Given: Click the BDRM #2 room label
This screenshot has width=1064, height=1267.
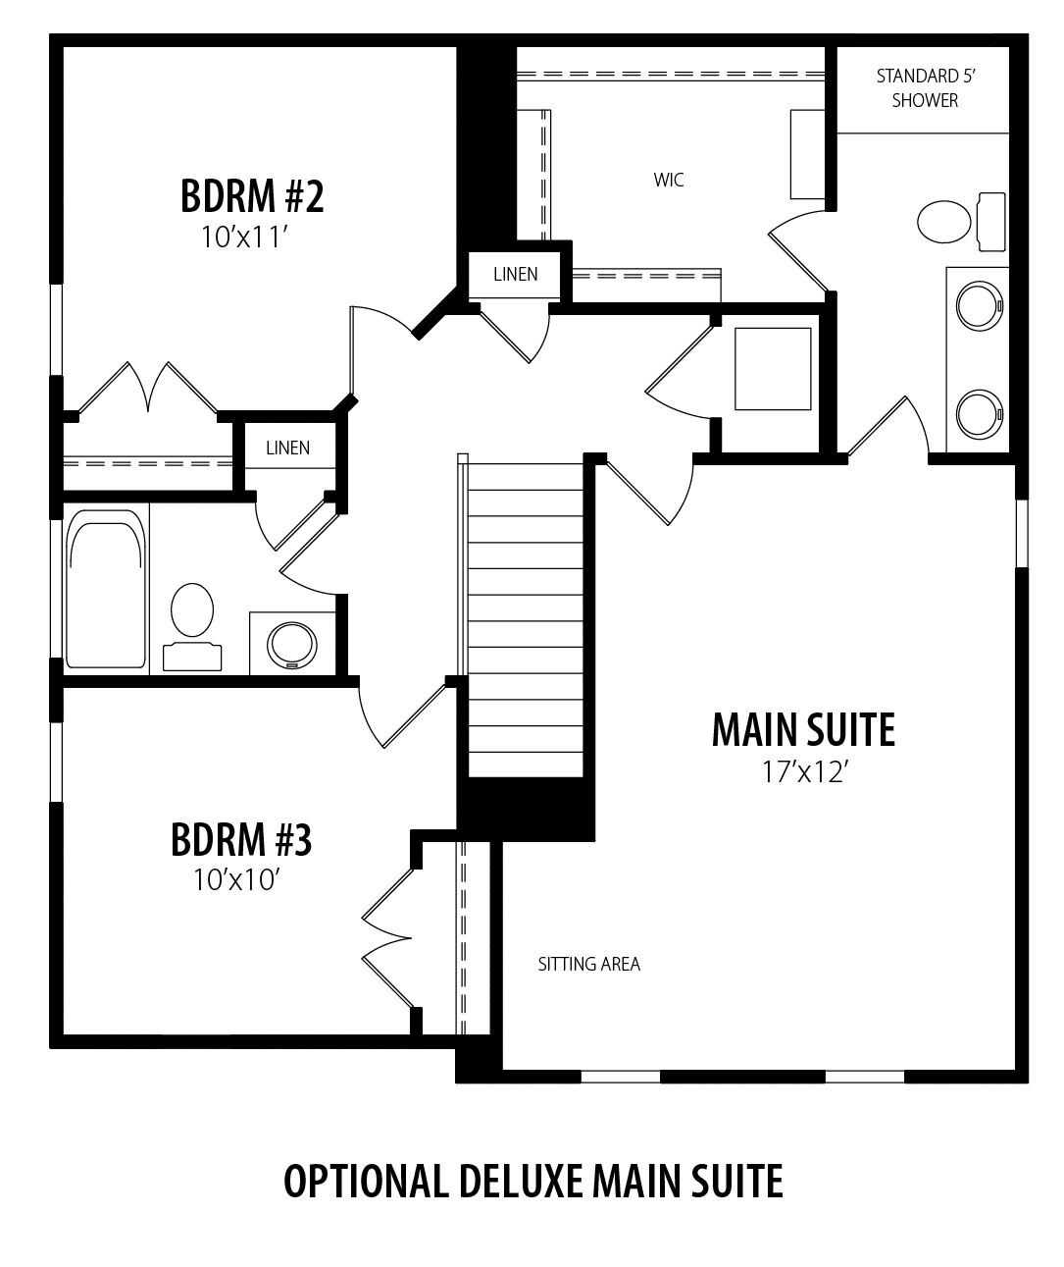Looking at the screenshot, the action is pyautogui.click(x=252, y=195).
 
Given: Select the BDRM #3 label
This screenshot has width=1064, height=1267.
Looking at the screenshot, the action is pyautogui.click(x=241, y=839).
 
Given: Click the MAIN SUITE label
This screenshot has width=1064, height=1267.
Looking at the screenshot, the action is pyautogui.click(x=803, y=729).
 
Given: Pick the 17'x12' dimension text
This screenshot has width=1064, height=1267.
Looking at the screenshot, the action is pyautogui.click(x=804, y=772).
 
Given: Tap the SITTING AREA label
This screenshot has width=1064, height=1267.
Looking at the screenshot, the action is pyautogui.click(x=588, y=964).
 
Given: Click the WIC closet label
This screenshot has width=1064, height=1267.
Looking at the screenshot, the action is pyautogui.click(x=669, y=180).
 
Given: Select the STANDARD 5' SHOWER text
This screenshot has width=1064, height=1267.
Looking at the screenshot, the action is pyautogui.click(x=925, y=88).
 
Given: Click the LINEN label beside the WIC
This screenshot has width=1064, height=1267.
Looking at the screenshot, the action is pyautogui.click(x=515, y=274).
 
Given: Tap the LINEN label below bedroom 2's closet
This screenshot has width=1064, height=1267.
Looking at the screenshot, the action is pyautogui.click(x=287, y=448).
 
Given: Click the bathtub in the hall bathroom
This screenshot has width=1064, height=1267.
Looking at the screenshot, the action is pyautogui.click(x=106, y=589).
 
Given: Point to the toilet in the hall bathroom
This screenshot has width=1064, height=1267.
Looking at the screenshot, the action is pyautogui.click(x=192, y=627).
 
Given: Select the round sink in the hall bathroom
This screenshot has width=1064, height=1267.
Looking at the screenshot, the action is pyautogui.click(x=292, y=646).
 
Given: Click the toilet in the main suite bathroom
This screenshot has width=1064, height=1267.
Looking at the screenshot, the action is pyautogui.click(x=961, y=222).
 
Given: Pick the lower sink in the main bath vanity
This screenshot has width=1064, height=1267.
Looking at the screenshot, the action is pyautogui.click(x=979, y=414).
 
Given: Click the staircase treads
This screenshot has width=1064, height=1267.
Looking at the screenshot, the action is pyautogui.click(x=526, y=620).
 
